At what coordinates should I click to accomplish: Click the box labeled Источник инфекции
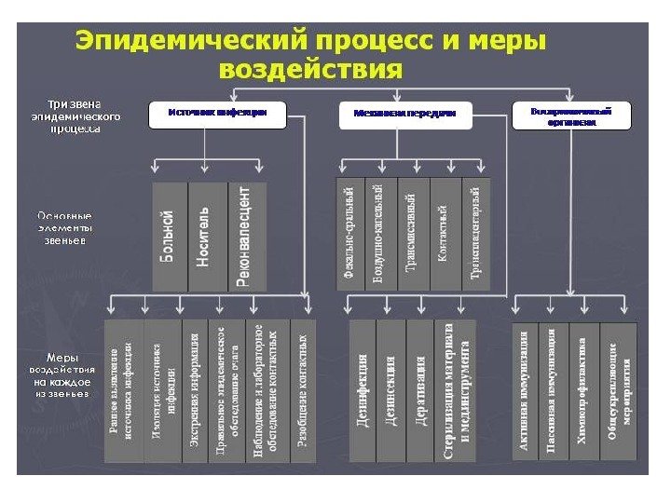pos(216,113)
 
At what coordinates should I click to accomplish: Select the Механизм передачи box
pos(405,113)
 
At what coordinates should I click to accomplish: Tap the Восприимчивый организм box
pos(571,116)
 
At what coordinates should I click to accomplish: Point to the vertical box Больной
pos(169,236)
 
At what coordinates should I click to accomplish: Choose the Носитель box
pos(207,236)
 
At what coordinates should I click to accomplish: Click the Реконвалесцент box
pos(246,236)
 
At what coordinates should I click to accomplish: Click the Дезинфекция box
pos(362,391)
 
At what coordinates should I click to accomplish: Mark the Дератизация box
pos(421,391)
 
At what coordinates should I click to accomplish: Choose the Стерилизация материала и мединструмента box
pos(457,391)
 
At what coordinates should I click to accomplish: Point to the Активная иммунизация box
pos(525,391)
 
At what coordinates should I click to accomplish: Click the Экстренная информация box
pos(195,391)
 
